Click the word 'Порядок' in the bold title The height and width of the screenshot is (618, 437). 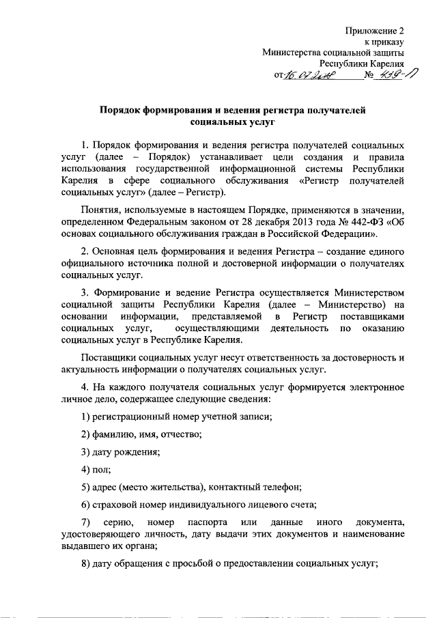[122, 109]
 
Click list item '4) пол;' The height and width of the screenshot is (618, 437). [96, 470]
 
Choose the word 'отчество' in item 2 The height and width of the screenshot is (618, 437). [180, 434]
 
